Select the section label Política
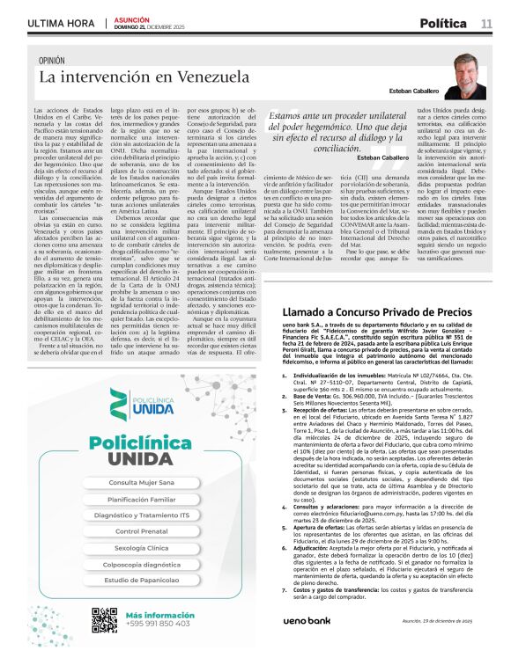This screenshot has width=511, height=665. coord(448,22)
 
